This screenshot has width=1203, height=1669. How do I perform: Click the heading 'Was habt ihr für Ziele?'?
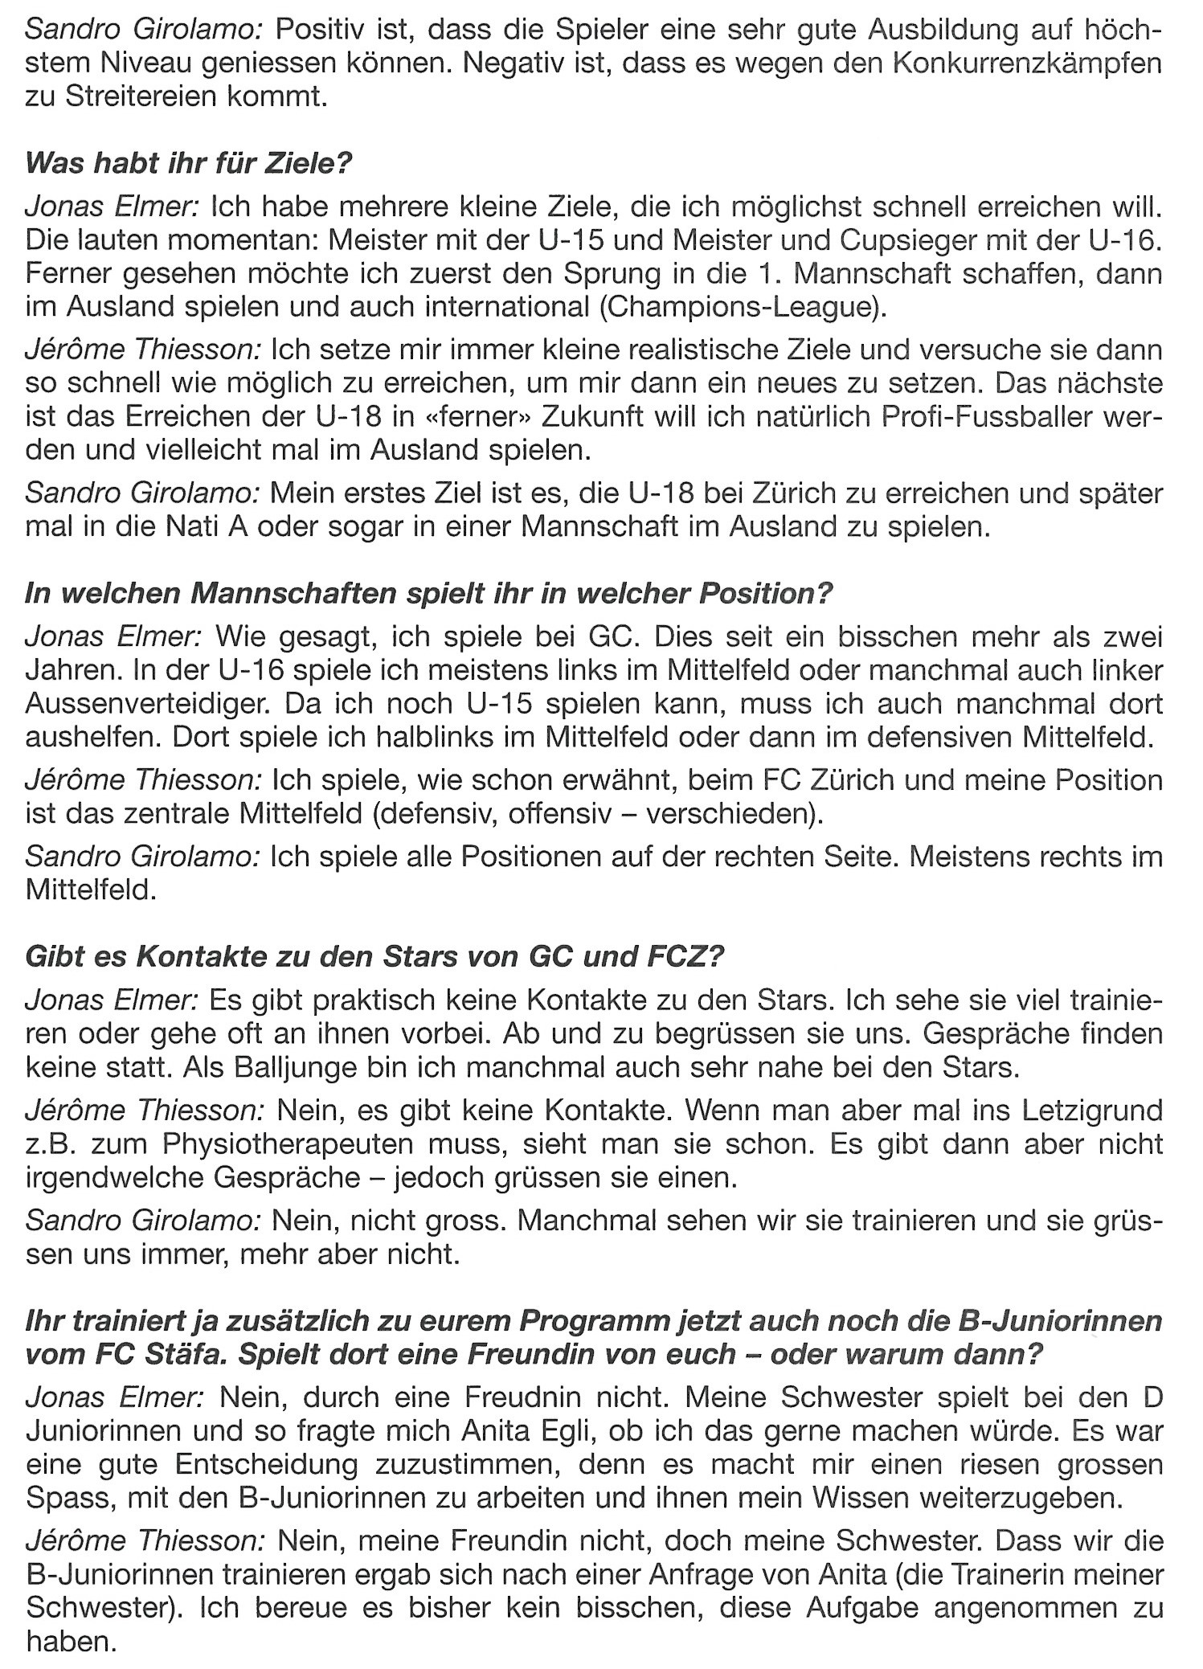pyautogui.click(x=190, y=164)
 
